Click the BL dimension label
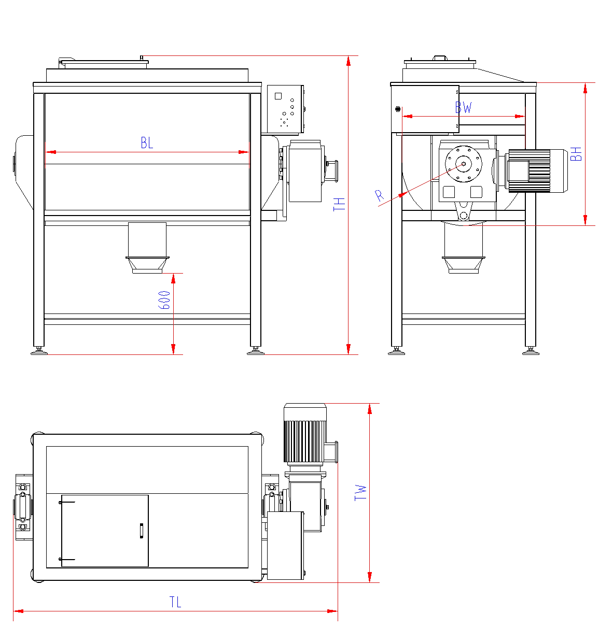point(147,143)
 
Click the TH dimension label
point(340,203)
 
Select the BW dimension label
point(464,107)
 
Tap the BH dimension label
point(576,153)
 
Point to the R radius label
point(380,196)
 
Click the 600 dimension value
point(164,300)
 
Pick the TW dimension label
point(360,492)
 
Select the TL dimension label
point(175,602)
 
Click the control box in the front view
point(285,109)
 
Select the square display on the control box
point(278,96)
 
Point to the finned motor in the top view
point(305,433)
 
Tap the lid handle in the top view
point(141,531)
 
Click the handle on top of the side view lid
point(440,58)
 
